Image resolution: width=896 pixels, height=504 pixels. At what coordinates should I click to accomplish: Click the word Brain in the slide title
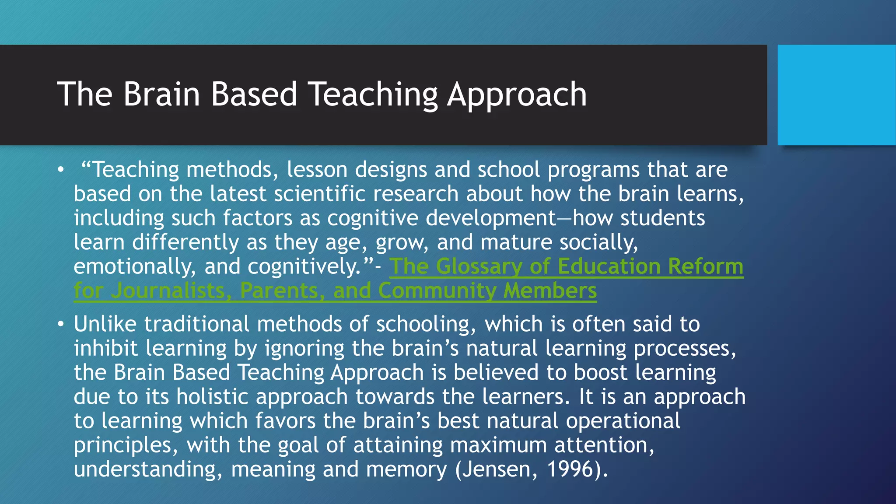pyautogui.click(x=161, y=94)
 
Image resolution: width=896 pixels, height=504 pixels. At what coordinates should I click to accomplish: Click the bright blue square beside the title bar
pyautogui.click(x=836, y=94)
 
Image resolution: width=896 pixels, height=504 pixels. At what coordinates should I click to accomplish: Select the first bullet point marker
pyautogui.click(x=60, y=170)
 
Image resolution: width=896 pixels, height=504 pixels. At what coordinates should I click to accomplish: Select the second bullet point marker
pyautogui.click(x=60, y=325)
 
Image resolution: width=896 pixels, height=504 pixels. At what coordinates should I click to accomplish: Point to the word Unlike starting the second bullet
pyautogui.click(x=105, y=324)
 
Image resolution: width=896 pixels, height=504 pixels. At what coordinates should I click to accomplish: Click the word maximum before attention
pyautogui.click(x=498, y=445)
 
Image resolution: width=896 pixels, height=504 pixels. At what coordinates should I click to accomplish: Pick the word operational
pyautogui.click(x=623, y=421)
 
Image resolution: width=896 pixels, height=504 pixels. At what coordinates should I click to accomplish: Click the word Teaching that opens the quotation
pyautogui.click(x=136, y=170)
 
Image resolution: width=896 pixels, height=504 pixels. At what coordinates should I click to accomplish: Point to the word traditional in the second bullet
pyautogui.click(x=197, y=324)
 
